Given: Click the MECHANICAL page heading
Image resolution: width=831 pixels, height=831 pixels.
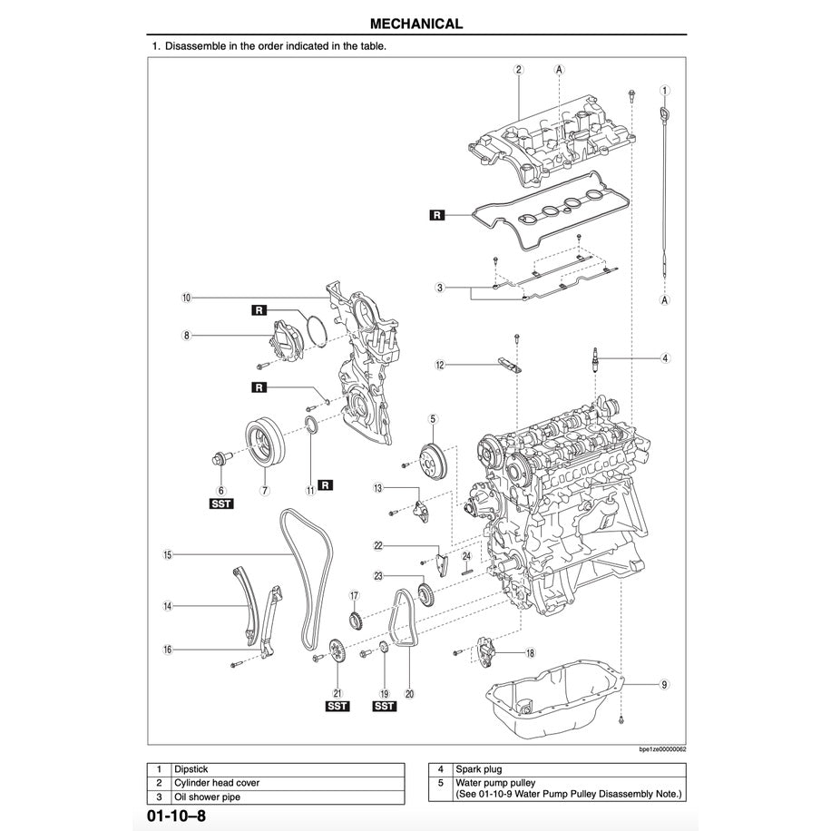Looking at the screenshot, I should pos(416,24).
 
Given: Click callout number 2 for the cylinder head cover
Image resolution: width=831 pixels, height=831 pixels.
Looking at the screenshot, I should pos(518,69).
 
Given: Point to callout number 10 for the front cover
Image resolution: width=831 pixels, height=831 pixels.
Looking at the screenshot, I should pos(185,298).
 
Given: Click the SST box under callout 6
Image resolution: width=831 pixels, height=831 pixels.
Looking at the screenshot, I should pos(221,504).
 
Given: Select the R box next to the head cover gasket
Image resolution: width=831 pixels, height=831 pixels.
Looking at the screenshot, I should pos(438,216).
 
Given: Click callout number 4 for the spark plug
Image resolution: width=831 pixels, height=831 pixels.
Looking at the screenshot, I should pos(665,358).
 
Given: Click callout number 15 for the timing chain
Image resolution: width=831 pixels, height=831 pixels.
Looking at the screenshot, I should pos(168,554).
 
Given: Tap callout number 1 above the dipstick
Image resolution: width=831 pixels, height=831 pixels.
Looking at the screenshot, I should pos(665,91).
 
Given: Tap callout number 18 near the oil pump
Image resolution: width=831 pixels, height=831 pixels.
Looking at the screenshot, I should pos(530,652).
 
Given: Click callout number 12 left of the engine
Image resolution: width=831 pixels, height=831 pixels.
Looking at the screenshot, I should pos(440,366).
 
